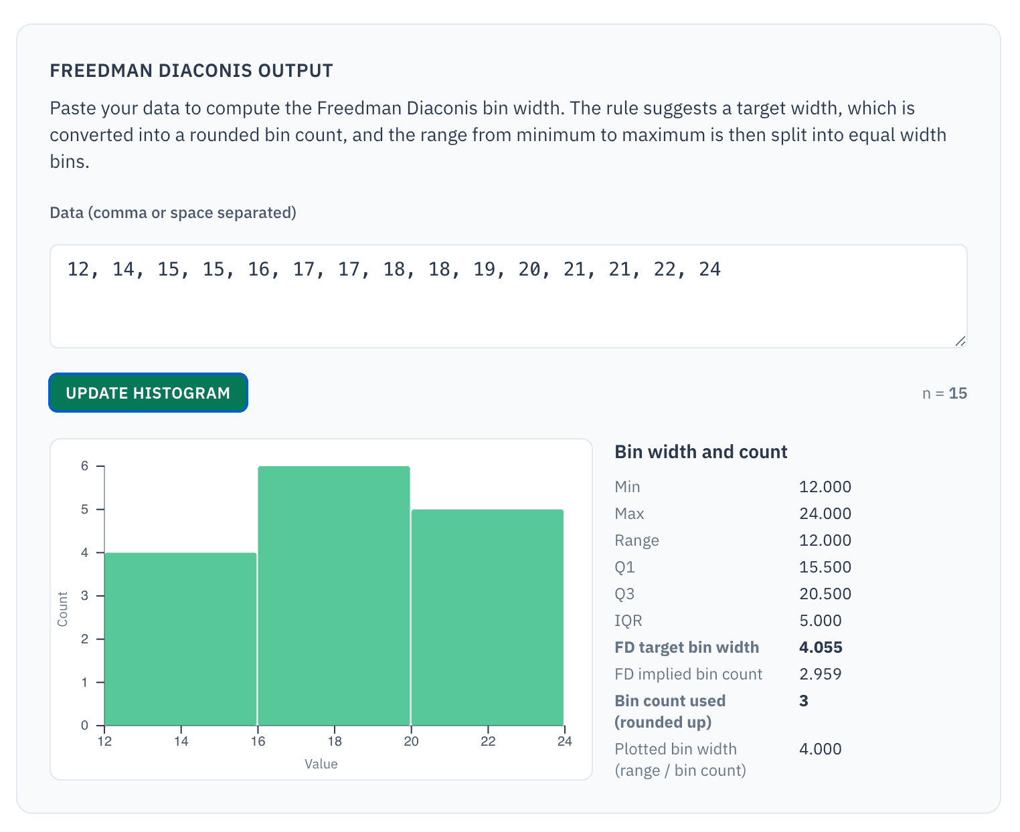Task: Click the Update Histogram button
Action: coord(148,393)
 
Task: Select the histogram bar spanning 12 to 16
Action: coord(181,639)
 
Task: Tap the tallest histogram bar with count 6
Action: coord(334,595)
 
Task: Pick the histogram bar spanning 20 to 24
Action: coord(487,617)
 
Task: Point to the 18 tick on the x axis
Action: coord(335,740)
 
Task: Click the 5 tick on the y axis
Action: coord(85,510)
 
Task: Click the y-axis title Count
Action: coord(63,609)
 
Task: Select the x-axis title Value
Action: coord(321,764)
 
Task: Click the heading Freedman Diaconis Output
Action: coord(191,71)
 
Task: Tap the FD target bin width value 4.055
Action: coord(821,647)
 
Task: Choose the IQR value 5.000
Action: coord(821,621)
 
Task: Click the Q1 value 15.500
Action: coord(825,567)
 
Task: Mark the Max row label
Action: coord(629,514)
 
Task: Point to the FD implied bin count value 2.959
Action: coord(821,674)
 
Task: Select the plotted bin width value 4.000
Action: coord(821,749)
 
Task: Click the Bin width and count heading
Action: coord(701,452)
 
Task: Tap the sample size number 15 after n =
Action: coord(958,393)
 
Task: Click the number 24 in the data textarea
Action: coord(709,270)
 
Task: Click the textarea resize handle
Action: coord(960,341)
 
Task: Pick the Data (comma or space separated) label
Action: coord(173,213)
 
